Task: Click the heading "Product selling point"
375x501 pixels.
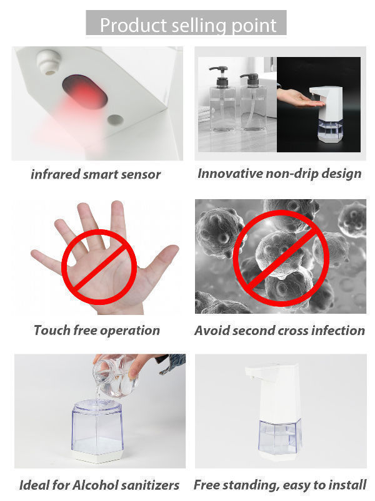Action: coord(187,25)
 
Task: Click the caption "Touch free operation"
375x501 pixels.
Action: coord(97,330)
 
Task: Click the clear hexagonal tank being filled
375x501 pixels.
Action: coord(99,426)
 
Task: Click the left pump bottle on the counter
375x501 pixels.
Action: coord(222,100)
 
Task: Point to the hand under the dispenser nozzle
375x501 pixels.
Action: coord(297,96)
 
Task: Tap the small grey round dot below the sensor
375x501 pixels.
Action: coord(114,119)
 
